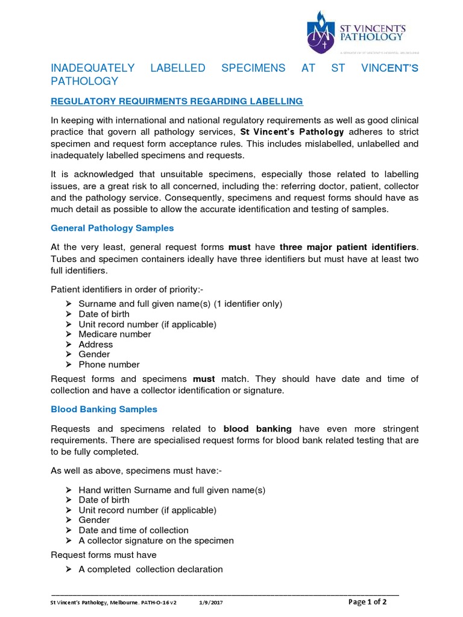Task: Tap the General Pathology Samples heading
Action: [112, 228]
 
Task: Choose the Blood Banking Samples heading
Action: [104, 409]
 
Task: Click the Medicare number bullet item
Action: [115, 334]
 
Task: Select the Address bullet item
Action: [95, 345]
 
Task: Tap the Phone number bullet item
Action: [109, 365]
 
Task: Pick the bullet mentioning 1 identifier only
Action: [180, 304]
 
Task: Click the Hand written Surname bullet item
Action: [172, 490]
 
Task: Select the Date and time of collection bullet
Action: [133, 530]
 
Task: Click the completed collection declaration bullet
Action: [150, 569]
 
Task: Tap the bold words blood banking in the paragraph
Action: [257, 429]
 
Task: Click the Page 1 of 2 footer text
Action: [368, 602]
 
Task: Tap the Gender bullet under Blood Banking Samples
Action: [94, 520]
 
